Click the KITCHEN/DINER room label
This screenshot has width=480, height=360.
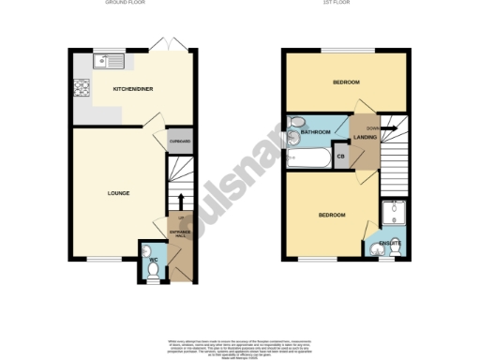[x=133, y=89]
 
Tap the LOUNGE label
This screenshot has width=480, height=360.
[x=117, y=194]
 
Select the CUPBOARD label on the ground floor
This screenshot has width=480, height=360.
[x=180, y=142]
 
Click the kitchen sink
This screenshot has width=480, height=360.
[x=110, y=64]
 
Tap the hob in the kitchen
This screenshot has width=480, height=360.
[x=82, y=91]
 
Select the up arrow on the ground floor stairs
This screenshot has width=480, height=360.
[x=179, y=201]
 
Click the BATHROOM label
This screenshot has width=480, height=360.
[x=316, y=132]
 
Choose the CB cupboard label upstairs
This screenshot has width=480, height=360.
[x=340, y=157]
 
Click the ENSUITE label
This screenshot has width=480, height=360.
[x=391, y=244]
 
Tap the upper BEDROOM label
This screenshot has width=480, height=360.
[x=346, y=82]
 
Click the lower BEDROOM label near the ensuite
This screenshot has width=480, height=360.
[x=331, y=216]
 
